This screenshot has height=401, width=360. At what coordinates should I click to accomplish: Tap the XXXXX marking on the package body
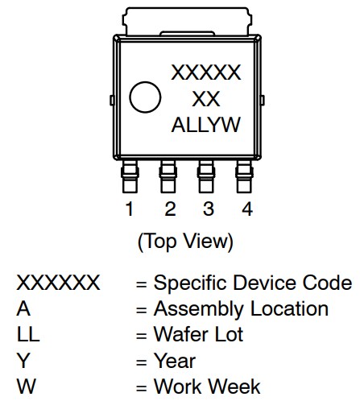click(x=206, y=73)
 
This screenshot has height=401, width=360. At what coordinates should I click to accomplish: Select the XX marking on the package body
click(x=206, y=99)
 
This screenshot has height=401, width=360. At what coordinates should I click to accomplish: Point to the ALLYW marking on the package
click(x=206, y=126)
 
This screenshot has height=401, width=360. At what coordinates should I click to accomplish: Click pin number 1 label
click(x=129, y=209)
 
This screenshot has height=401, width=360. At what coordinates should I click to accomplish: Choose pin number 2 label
click(x=169, y=209)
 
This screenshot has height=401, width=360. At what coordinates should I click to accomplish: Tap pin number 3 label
click(x=208, y=209)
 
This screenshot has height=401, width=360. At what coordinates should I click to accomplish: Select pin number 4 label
click(x=246, y=209)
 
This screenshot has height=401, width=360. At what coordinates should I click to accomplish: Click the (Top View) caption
click(x=186, y=241)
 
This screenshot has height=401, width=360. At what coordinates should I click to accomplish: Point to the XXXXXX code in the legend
click(x=59, y=283)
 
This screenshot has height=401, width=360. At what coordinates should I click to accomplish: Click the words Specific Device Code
click(x=252, y=283)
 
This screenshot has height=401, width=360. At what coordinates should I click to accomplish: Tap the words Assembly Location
click(x=241, y=309)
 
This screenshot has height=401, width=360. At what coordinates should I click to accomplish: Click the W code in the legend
click(x=26, y=386)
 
